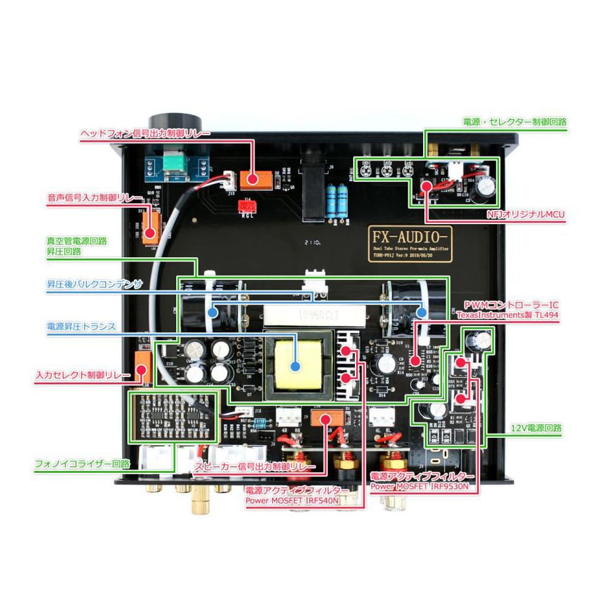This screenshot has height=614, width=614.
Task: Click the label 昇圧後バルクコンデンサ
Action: coord(95,286)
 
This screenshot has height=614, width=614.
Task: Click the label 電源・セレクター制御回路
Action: coord(515,122)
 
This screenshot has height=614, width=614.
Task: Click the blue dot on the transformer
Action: coord(295,367)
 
